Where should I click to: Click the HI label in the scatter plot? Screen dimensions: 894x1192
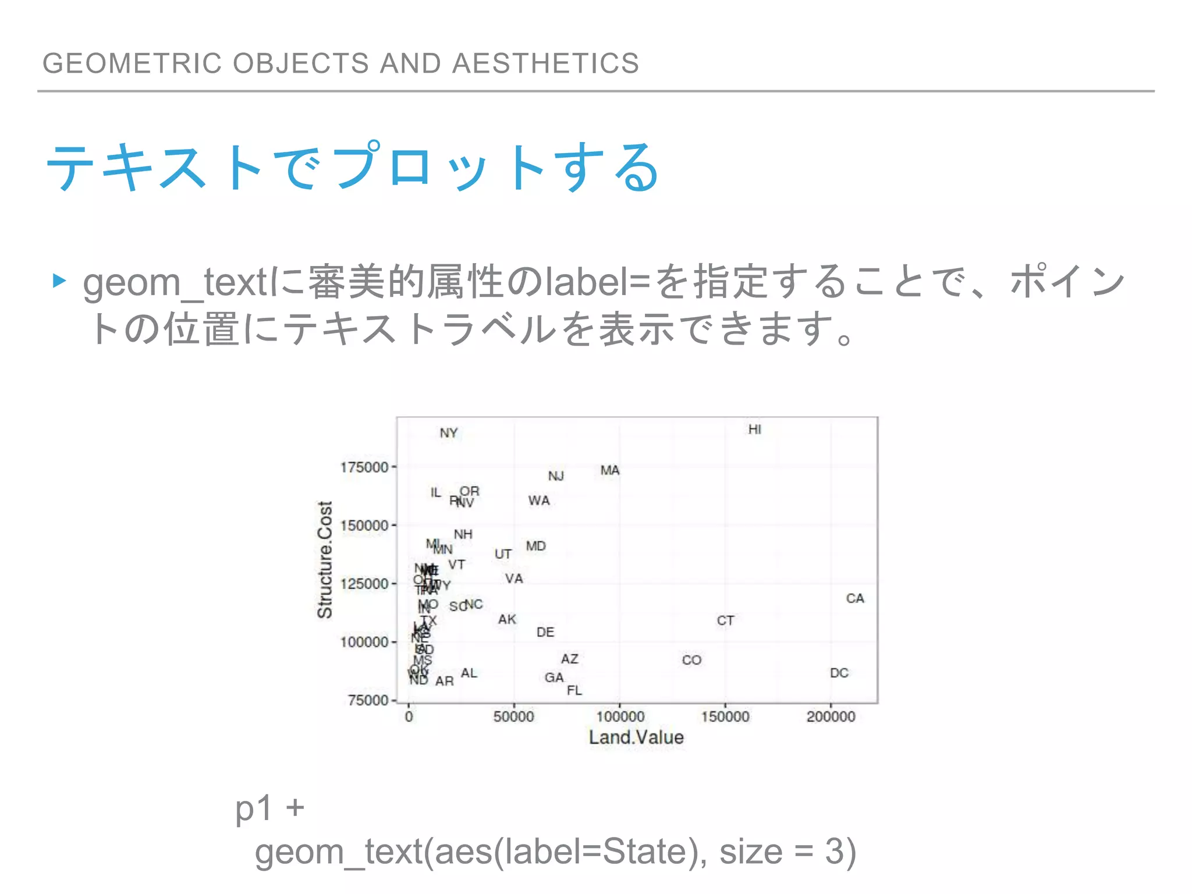(x=754, y=430)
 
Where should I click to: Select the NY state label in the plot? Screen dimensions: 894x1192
(x=449, y=433)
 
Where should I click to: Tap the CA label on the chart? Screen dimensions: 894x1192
(x=855, y=598)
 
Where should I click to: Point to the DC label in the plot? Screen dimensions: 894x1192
(x=839, y=673)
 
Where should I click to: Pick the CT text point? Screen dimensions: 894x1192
(x=725, y=620)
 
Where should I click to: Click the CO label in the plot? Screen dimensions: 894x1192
(x=691, y=660)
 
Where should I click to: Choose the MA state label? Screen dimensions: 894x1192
(x=610, y=470)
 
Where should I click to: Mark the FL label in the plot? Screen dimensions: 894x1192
(x=574, y=690)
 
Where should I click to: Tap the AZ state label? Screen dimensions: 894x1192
(x=570, y=659)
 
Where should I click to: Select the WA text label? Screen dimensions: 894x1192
(x=539, y=501)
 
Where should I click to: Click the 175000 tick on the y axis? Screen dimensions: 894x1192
(x=364, y=467)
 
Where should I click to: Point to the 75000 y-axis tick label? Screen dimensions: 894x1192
(x=367, y=700)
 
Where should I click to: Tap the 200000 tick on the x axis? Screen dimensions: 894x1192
(x=831, y=716)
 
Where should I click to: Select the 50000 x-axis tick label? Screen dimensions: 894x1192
(x=513, y=716)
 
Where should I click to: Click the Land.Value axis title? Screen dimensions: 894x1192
(x=636, y=737)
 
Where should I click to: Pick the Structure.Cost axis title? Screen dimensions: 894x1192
(x=325, y=559)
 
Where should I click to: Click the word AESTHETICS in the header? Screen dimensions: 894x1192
(x=545, y=63)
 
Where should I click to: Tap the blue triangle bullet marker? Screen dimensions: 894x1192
(x=59, y=281)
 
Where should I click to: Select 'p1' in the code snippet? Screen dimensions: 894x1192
(x=254, y=808)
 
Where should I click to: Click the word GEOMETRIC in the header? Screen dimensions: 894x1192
(x=132, y=63)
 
